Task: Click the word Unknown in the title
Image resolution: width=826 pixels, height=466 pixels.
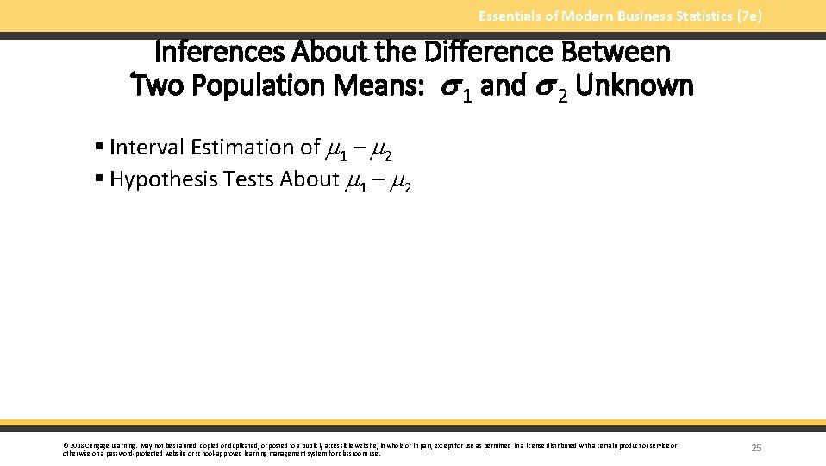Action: pos(634,86)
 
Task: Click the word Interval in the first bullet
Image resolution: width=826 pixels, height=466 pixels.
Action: pos(147,148)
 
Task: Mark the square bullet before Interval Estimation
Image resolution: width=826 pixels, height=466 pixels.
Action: pos(100,148)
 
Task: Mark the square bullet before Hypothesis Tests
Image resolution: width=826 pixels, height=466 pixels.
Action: pos(100,179)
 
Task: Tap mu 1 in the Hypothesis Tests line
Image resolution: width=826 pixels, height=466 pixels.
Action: pos(356,181)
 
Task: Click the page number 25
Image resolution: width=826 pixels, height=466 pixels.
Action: pos(756,447)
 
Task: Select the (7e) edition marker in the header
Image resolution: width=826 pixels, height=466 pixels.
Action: pos(748,16)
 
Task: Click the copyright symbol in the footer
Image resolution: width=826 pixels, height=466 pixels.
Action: pos(66,446)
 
